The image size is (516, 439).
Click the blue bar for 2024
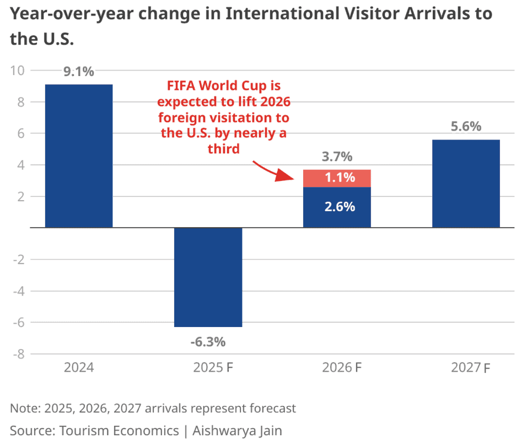pos(79,156)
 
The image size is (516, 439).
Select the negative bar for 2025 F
pos(208,277)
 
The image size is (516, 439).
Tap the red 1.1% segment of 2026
pos(337,178)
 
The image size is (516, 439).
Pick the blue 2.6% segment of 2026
pos(337,207)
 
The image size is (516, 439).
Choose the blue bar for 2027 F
pos(466,184)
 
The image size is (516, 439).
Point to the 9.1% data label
pos(79,72)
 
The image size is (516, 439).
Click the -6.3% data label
pos(208,341)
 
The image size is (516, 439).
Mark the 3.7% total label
pos(337,157)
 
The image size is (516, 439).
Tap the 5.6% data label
pos(466,127)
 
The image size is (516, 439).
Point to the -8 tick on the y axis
pos(19,354)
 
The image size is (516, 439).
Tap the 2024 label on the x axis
pos(79,368)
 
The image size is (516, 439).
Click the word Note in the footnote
pos(22,408)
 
